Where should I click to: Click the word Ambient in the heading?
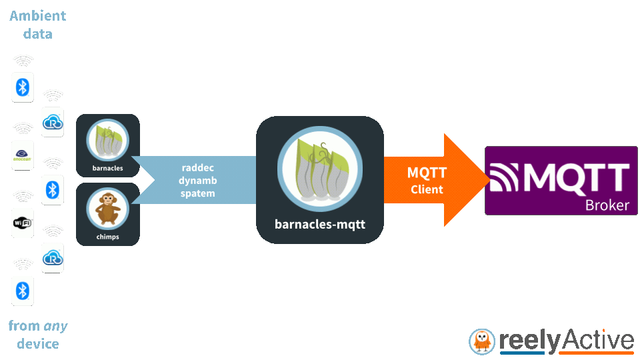(37, 16)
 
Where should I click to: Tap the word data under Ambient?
(37, 34)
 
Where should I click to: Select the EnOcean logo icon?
(22, 155)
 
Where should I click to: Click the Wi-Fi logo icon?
(22, 223)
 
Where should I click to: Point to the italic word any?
(55, 327)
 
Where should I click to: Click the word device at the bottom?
(38, 344)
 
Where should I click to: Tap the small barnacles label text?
(108, 168)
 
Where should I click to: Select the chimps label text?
(108, 237)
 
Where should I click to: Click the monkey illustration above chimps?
(108, 209)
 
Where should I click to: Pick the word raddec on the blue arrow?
(197, 168)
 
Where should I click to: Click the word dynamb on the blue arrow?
(197, 181)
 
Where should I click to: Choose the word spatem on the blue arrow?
(197, 193)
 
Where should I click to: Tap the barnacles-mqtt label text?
(320, 225)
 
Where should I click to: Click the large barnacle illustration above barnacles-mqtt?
(320, 169)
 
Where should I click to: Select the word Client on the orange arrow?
(427, 189)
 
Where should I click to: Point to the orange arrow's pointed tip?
(490, 179)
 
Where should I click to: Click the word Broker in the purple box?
(607, 205)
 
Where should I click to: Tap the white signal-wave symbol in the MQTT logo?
(505, 177)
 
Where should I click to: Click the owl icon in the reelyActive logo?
(481, 341)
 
